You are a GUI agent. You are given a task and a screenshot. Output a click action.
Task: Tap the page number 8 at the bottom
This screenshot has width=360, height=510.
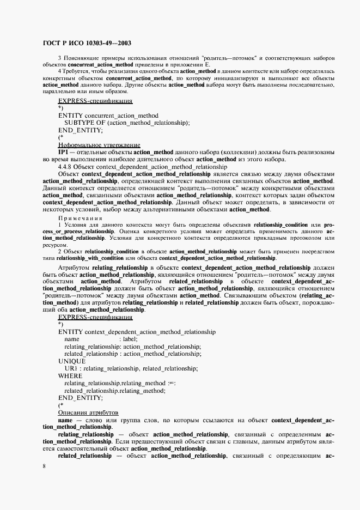tap(45, 466)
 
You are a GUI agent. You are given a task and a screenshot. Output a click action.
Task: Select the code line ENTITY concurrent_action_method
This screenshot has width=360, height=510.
tap(108, 116)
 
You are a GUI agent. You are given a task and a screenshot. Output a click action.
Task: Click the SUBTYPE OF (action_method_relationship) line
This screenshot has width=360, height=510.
tap(127, 123)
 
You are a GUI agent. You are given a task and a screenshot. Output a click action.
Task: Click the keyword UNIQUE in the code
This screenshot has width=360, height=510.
tap(71, 361)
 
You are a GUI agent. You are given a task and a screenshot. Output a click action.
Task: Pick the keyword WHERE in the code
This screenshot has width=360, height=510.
tap(70, 376)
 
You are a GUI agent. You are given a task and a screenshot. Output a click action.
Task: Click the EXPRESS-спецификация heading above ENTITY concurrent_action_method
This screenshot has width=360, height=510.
tap(95, 101)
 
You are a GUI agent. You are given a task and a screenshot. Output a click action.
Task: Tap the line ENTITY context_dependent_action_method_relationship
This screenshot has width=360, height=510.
tap(136, 331)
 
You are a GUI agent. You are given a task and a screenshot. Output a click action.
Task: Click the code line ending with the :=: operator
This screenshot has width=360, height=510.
tap(120, 384)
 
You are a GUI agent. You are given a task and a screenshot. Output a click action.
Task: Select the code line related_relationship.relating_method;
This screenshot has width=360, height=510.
tap(114, 391)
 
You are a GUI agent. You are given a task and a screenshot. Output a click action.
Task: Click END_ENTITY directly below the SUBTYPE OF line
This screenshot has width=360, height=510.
tap(80, 130)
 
